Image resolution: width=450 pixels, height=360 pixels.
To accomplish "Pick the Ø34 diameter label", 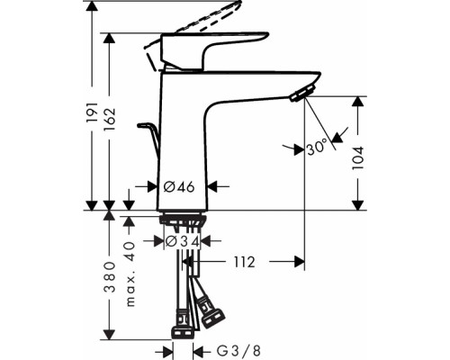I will click(x=184, y=241).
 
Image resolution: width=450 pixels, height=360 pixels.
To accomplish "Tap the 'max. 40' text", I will click(x=131, y=261).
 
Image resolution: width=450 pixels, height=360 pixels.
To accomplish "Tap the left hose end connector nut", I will click(x=181, y=319).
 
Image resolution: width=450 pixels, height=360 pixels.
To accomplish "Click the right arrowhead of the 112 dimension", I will click(x=302, y=262).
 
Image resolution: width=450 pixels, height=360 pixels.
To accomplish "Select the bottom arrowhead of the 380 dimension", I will click(x=109, y=337).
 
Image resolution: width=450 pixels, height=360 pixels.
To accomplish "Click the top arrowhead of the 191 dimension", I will click(x=91, y=7).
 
